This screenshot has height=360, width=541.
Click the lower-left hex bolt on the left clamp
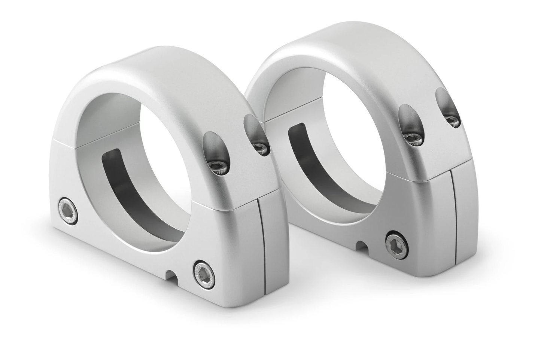click(69, 211)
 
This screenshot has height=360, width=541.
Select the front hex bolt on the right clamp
click(397, 246)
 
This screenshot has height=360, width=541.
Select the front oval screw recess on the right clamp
click(410, 124)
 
